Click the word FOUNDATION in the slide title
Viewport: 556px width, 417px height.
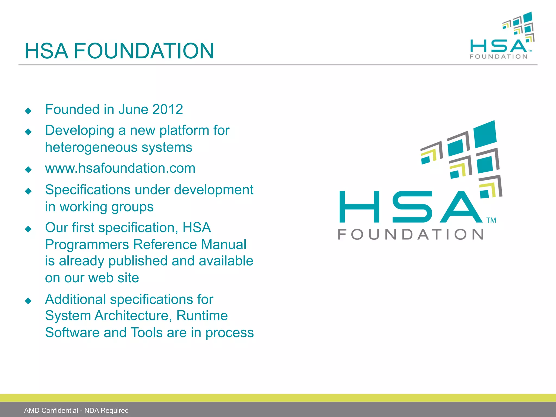pyautogui.click(x=144, y=51)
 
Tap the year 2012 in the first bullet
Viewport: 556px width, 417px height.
pyautogui.click(x=168, y=109)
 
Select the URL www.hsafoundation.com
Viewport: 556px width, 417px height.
pyautogui.click(x=120, y=168)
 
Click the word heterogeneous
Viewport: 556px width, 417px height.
pyautogui.click(x=91, y=148)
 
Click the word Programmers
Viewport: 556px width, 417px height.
pyautogui.click(x=87, y=245)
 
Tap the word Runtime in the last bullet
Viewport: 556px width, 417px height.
pyautogui.click(x=202, y=316)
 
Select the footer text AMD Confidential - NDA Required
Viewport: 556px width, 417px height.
pyautogui.click(x=76, y=410)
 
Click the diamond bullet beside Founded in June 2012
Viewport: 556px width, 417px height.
pyautogui.click(x=28, y=111)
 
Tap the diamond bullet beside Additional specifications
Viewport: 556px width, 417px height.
pyautogui.click(x=28, y=301)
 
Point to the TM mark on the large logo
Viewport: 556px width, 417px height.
pyautogui.click(x=491, y=220)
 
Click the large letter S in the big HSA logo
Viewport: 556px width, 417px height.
pyautogui.click(x=412, y=207)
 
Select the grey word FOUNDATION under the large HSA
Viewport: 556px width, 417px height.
pyautogui.click(x=410, y=234)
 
